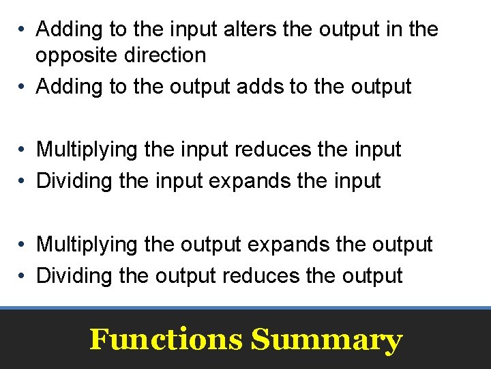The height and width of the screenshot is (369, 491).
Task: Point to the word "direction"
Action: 166,55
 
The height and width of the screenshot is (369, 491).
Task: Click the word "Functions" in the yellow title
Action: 166,340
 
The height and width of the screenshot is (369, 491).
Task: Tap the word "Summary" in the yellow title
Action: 326,340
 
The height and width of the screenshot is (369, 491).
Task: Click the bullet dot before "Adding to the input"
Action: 23,30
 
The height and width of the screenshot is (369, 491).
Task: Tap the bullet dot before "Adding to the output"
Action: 23,87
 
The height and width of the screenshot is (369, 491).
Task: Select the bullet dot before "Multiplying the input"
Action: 23,150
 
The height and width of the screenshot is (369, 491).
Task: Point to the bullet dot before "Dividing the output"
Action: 23,277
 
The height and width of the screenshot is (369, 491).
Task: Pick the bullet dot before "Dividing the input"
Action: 23,182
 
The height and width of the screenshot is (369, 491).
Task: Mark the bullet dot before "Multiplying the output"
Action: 23,245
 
